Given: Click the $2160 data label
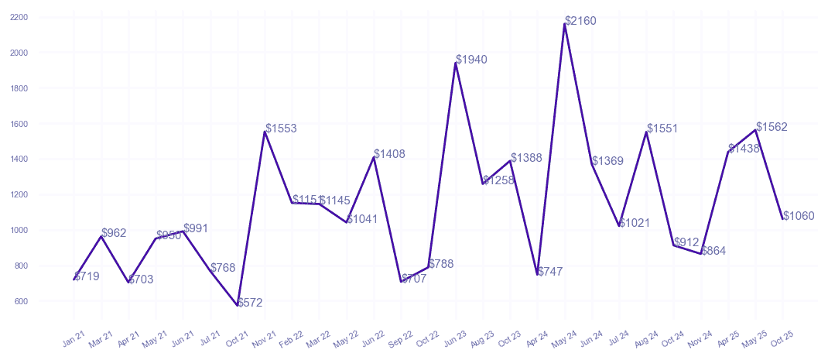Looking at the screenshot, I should point(580,21).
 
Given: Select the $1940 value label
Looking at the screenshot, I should point(471,60).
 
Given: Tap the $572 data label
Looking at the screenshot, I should point(250,303).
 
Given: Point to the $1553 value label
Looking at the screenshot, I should point(281,129).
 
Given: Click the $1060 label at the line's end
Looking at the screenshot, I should point(799,216).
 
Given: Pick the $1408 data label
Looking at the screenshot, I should point(389,155).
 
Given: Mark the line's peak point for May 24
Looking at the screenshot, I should point(565,24).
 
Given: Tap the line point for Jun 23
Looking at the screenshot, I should point(456,63).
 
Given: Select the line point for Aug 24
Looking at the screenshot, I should point(646,132).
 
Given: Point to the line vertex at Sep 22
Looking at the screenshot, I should point(401,282).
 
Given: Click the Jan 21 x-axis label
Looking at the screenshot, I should point(74,338).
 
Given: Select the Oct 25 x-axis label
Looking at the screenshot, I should point(782,338).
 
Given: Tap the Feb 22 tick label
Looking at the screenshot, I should point(292,338).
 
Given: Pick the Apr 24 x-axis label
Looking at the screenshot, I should point(537,338).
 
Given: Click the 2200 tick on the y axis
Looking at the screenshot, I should point(20,17).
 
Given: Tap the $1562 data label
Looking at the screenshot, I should point(772,127).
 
